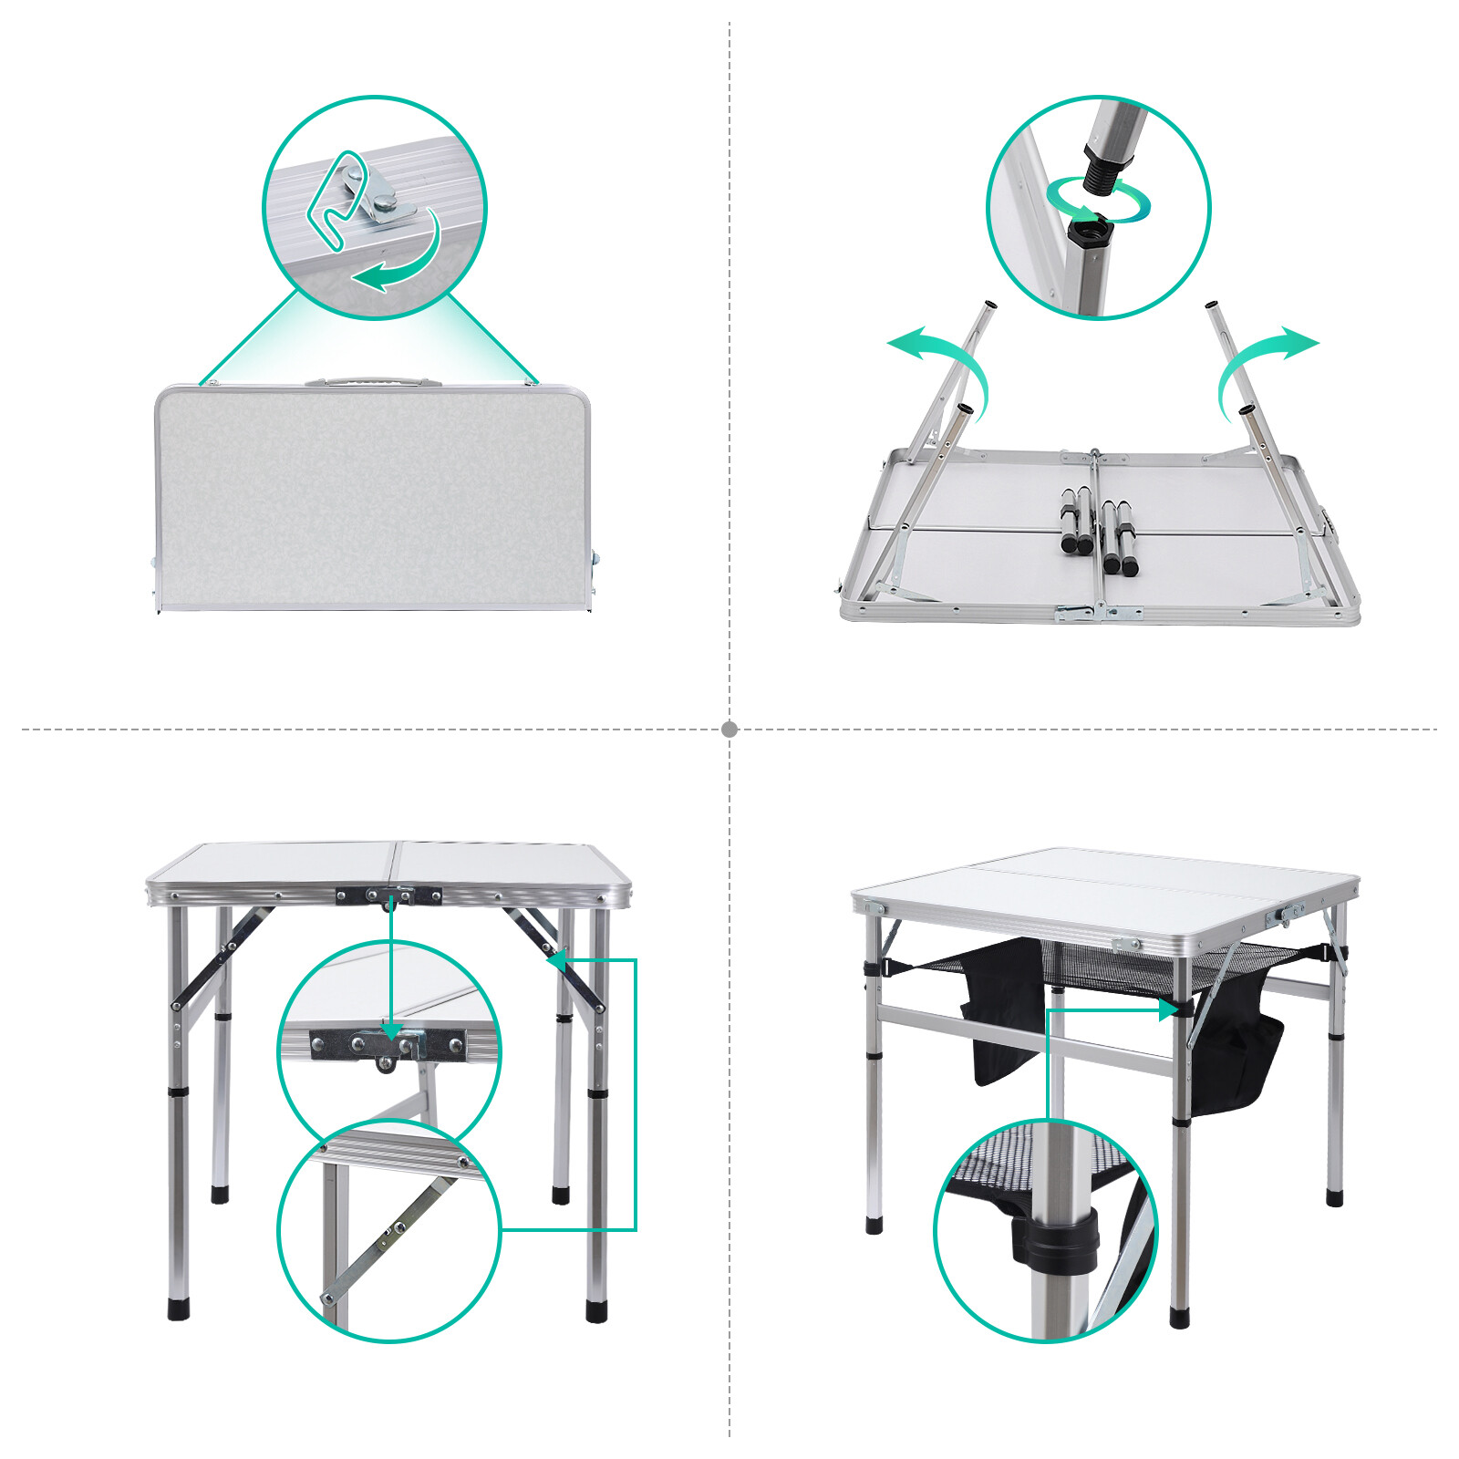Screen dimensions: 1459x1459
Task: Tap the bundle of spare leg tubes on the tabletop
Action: pos(1098,533)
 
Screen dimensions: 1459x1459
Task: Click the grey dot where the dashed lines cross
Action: pos(729,729)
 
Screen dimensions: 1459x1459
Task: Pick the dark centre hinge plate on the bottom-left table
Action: pos(388,895)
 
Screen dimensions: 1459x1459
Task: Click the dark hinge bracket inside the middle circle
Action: pos(388,1044)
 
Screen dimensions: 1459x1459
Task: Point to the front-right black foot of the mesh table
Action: pos(1180,1316)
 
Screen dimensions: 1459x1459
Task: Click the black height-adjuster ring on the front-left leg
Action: pos(179,1092)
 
